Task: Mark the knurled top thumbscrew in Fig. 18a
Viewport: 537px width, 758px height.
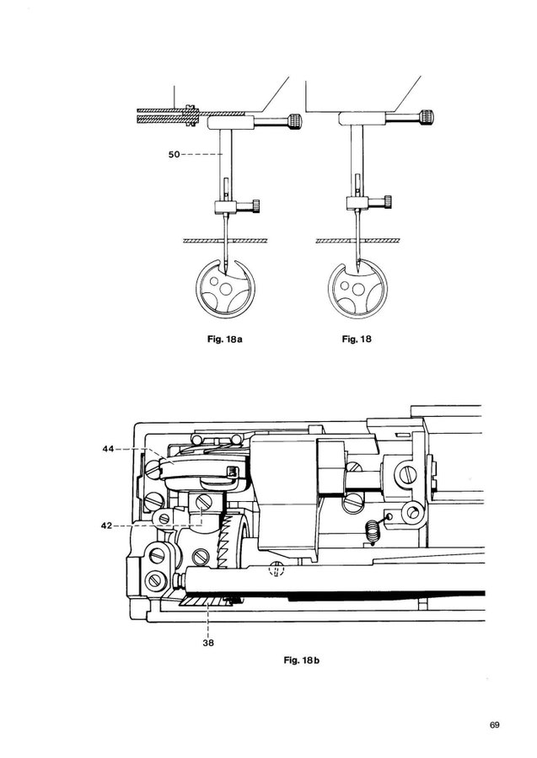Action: tap(295, 122)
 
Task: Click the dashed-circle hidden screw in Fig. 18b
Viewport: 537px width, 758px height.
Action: tap(274, 572)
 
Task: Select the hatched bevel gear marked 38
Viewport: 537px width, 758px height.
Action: tap(207, 600)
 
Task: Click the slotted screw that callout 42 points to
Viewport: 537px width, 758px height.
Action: tap(202, 503)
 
